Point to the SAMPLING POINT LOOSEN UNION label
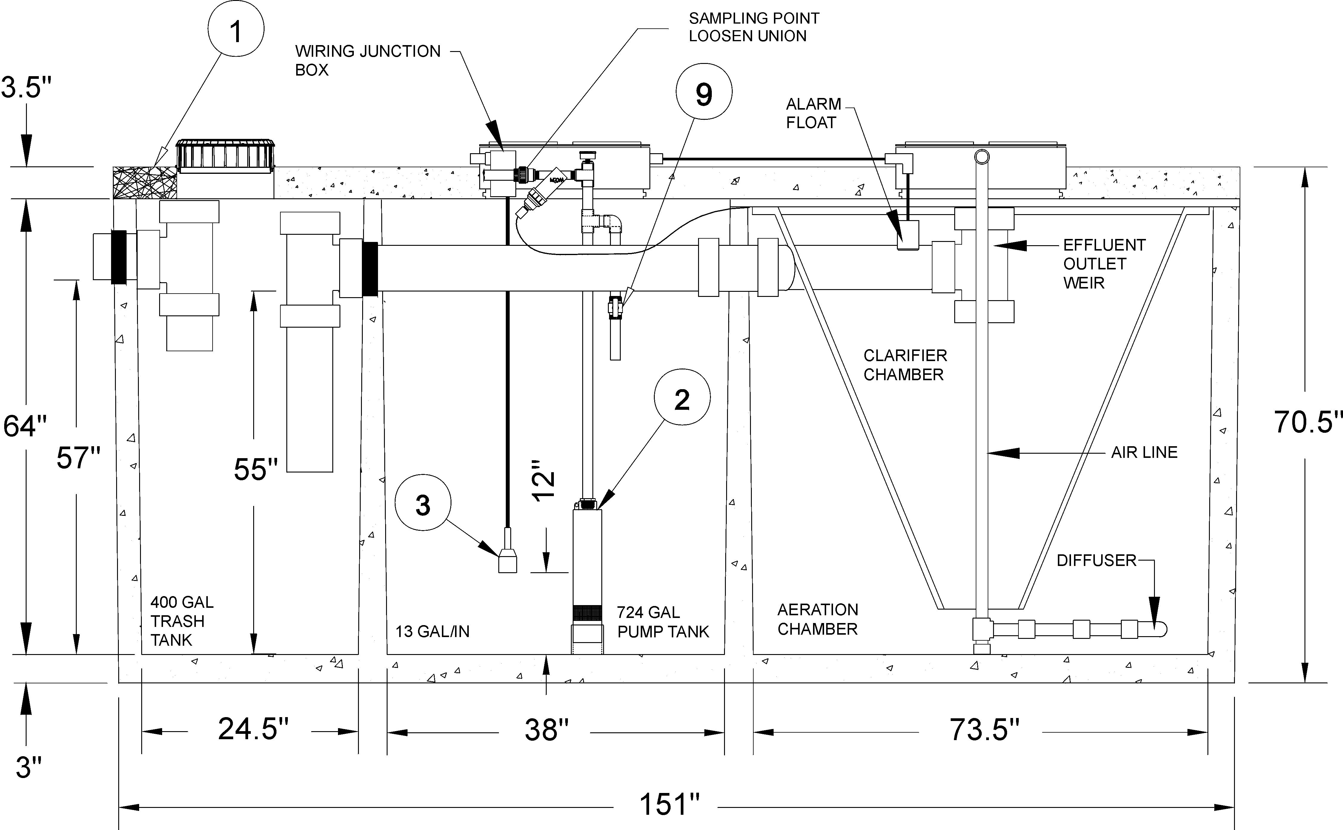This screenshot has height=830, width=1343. pyautogui.click(x=754, y=27)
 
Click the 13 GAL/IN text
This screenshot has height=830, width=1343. pyautogui.click(x=432, y=631)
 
